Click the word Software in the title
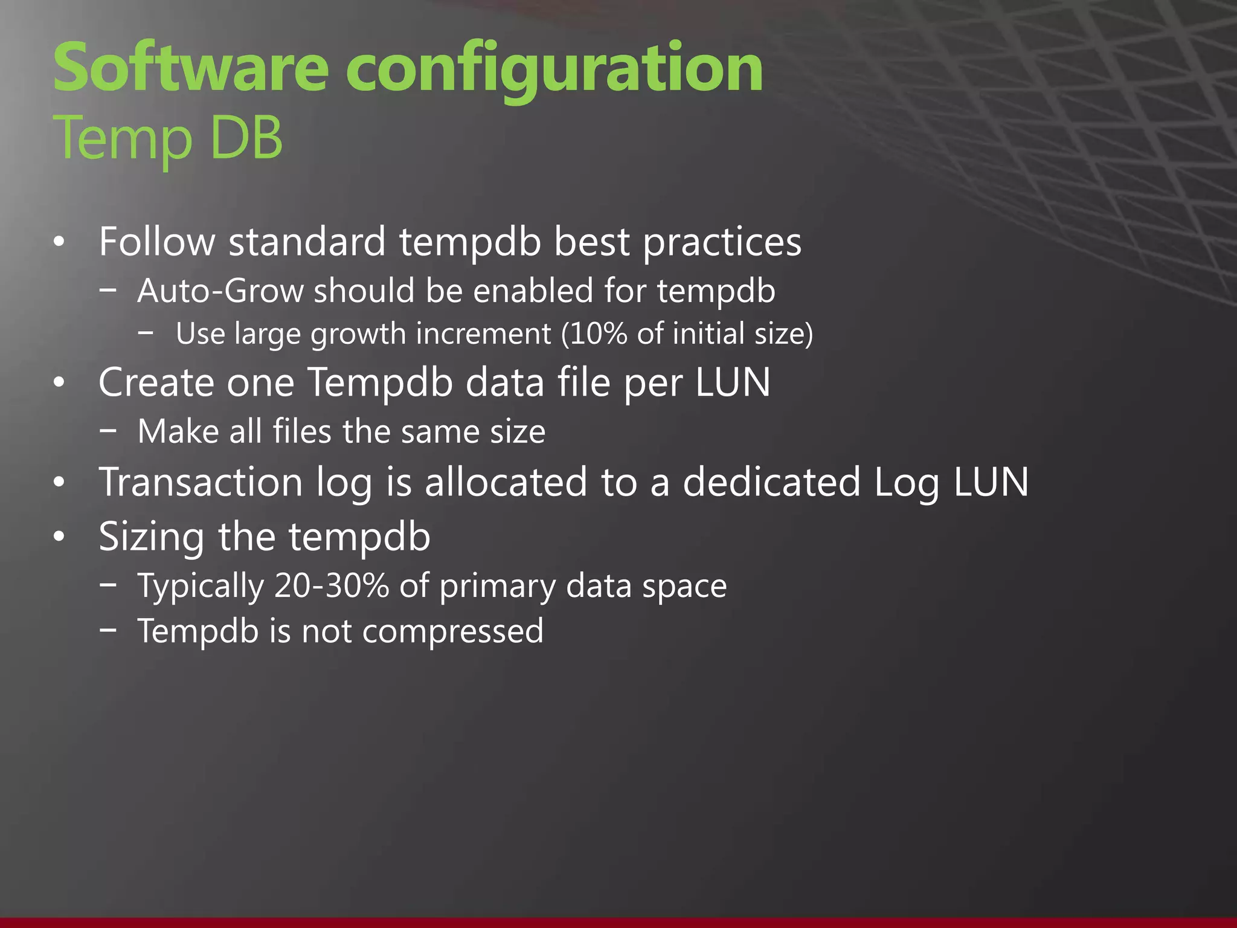pyautogui.click(x=190, y=68)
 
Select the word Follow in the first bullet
pyautogui.click(x=157, y=242)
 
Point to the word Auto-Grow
pyautogui.click(x=220, y=291)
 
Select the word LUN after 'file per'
pyautogui.click(x=733, y=382)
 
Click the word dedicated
pyautogui.click(x=771, y=482)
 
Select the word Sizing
pyautogui.click(x=151, y=536)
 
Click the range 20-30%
pyautogui.click(x=331, y=585)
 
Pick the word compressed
pyautogui.click(x=453, y=631)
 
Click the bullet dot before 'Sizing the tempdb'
pyautogui.click(x=59, y=536)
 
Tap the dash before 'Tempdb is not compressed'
pyautogui.click(x=109, y=630)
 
